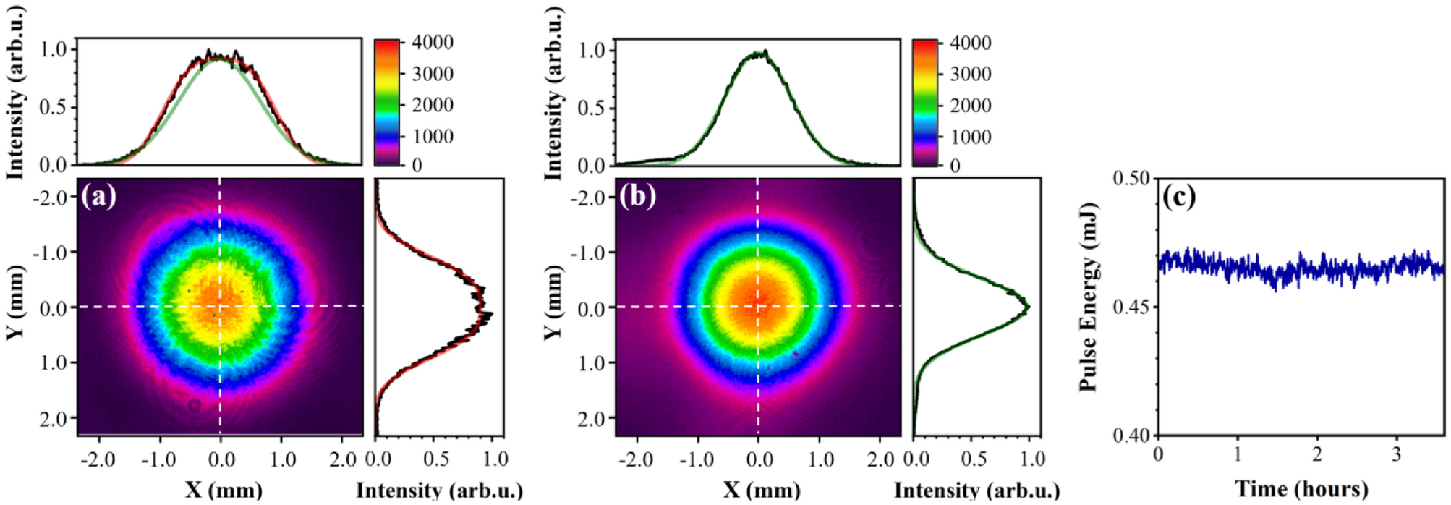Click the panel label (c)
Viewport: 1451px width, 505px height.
click(x=1179, y=196)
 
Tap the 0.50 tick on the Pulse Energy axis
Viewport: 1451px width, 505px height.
click(x=1132, y=179)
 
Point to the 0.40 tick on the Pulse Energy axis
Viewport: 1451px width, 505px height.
click(x=1132, y=436)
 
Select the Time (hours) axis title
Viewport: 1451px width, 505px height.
click(x=1301, y=489)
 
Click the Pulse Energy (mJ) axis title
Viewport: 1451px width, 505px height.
click(x=1089, y=297)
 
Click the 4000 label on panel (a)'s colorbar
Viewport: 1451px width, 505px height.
click(x=433, y=42)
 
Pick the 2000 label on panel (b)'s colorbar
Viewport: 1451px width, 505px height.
click(x=970, y=106)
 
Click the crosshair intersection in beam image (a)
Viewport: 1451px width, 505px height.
click(x=220, y=306)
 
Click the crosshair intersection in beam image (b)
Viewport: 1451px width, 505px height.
click(x=758, y=306)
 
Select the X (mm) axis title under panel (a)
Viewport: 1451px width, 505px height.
click(x=223, y=490)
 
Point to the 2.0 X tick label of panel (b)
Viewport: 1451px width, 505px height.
click(x=881, y=459)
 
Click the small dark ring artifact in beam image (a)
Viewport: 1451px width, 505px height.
click(x=195, y=405)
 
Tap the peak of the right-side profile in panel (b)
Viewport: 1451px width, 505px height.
click(x=1028, y=308)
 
